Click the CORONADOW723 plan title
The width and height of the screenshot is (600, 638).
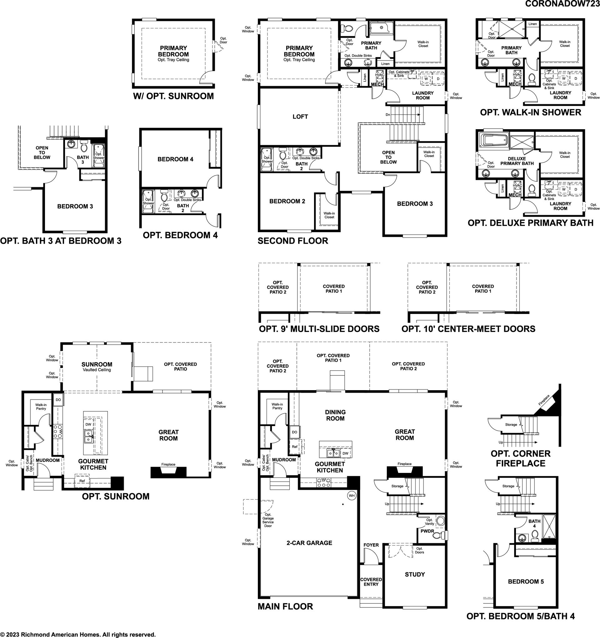click(x=562, y=3)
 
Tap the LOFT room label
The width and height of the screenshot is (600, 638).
click(x=300, y=117)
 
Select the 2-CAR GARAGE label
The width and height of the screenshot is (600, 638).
click(x=309, y=543)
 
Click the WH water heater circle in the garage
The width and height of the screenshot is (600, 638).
click(x=352, y=495)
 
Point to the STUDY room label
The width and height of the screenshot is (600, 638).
click(x=415, y=574)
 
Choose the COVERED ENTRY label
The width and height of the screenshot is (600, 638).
click(x=371, y=582)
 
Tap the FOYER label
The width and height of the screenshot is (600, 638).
click(x=371, y=545)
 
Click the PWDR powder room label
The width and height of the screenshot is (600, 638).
click(x=427, y=531)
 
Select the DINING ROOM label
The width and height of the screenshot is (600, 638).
click(x=335, y=415)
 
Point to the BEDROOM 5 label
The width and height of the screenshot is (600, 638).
click(x=526, y=582)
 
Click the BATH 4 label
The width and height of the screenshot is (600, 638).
click(x=534, y=523)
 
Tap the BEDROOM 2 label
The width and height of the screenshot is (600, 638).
click(x=287, y=201)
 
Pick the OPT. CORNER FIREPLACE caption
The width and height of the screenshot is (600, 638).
click(x=520, y=458)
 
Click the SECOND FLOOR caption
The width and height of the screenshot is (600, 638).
click(x=293, y=241)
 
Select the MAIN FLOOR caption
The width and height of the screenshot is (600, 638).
click(x=285, y=606)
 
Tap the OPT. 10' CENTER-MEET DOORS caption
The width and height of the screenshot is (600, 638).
click(x=468, y=329)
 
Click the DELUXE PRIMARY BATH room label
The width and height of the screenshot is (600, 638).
click(x=517, y=161)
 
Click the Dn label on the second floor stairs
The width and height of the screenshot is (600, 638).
click(x=388, y=115)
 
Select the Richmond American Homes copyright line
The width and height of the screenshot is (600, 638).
click(x=78, y=635)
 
